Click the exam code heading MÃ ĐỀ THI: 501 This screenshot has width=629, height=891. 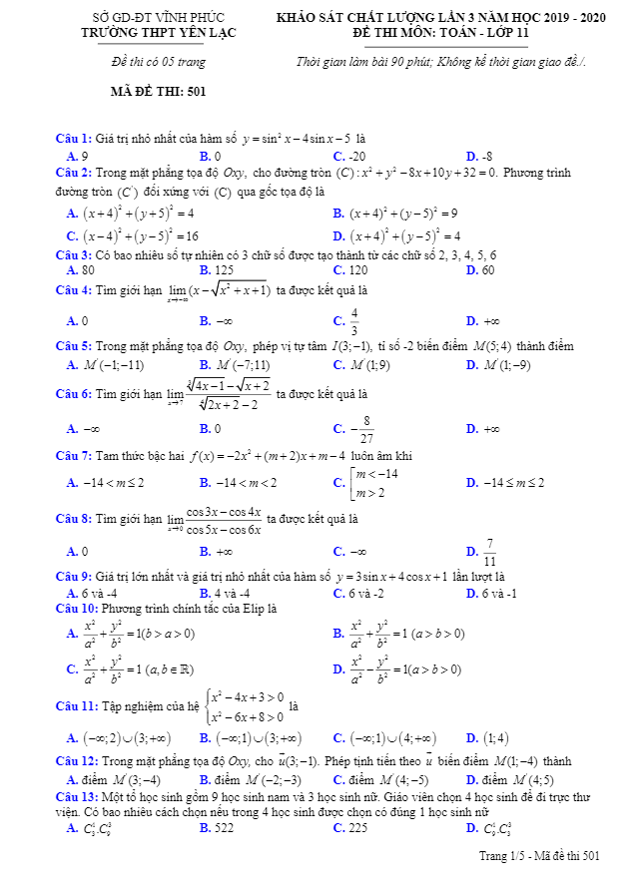coord(158,92)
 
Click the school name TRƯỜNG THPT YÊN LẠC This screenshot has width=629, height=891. coord(158,32)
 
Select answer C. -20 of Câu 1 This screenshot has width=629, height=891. coord(349,157)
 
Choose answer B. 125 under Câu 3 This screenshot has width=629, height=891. coord(217,270)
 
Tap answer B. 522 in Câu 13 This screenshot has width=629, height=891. coord(217,828)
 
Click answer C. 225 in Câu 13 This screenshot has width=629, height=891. coord(349,828)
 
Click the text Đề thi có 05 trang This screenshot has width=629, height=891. coord(158,63)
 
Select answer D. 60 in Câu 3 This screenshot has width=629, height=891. coord(480,270)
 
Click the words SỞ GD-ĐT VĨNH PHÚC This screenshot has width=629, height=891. coord(158,18)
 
